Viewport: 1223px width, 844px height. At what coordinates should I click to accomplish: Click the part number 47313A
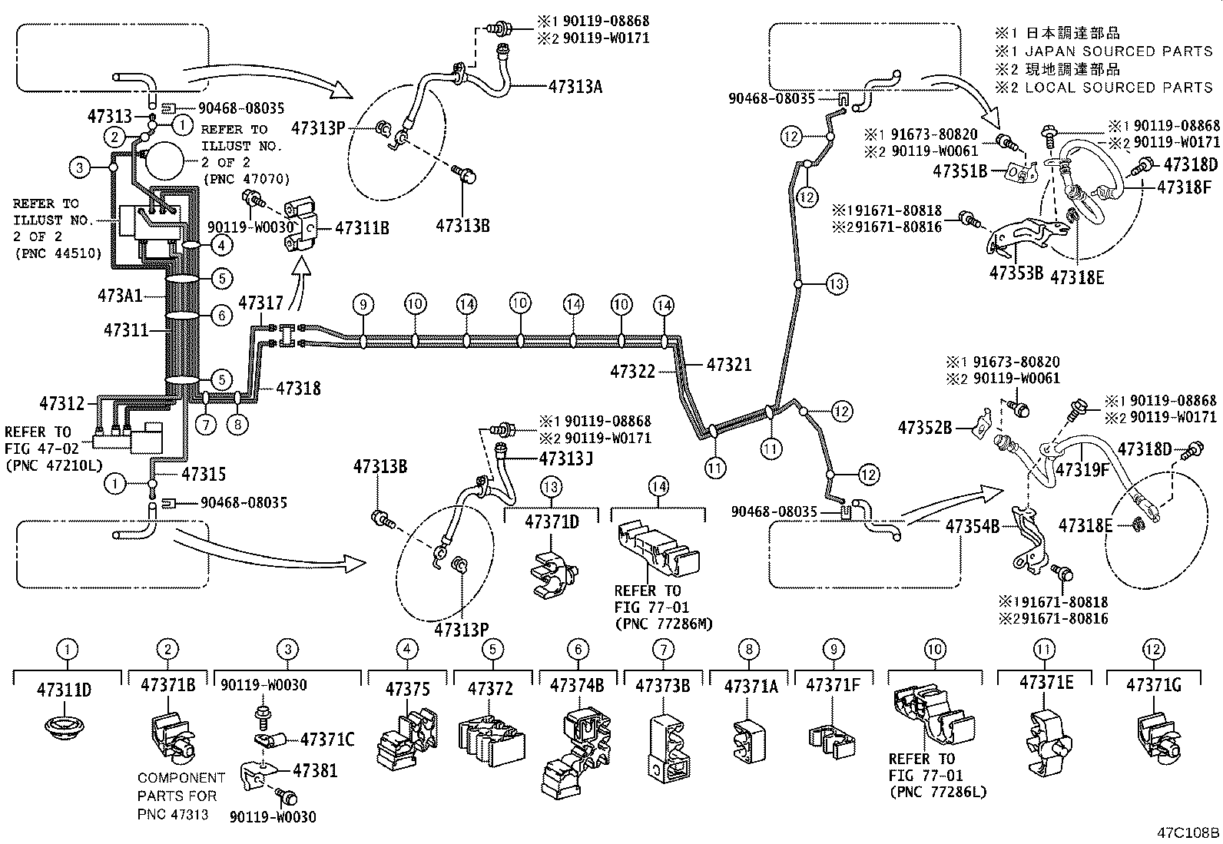coord(575,86)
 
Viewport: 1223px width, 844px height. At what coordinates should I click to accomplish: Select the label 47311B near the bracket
coord(363,228)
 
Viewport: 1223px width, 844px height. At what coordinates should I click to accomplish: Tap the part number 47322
coord(633,372)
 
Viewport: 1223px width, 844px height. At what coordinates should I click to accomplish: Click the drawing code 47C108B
coord(1188,832)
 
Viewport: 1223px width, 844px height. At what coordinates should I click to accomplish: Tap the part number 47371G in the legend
coord(1153,686)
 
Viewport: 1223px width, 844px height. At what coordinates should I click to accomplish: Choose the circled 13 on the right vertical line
coord(836,283)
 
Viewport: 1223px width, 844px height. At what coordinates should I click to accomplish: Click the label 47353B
coord(1016,273)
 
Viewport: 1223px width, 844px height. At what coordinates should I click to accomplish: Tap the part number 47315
coord(204,474)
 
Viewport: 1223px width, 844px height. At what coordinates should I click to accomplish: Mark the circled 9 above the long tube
coord(363,305)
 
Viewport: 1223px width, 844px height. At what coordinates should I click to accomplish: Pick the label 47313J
coord(565,458)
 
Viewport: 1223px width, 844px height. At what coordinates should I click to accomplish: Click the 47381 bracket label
coord(316,770)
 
